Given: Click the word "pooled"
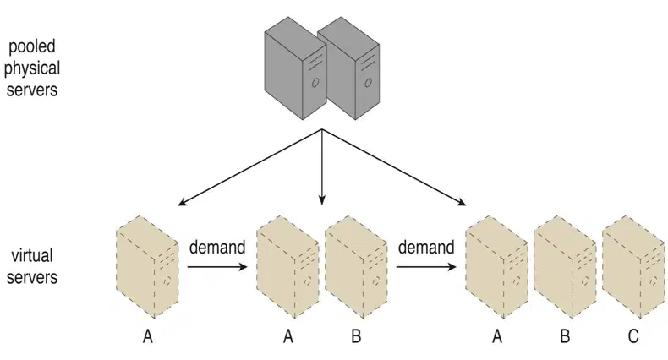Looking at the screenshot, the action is coord(32,46).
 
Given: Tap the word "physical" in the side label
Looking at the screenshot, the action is coord(32,68).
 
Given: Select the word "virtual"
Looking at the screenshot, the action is coord(32,255).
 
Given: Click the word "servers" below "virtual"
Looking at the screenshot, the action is coord(32,277).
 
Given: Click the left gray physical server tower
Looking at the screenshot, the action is coord(295,68).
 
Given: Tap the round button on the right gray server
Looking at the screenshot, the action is coord(368,83).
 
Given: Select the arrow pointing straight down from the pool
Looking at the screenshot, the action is coord(322,167).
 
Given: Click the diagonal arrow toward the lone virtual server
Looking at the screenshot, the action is coord(249,167).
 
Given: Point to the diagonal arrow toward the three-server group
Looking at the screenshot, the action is coord(394,167).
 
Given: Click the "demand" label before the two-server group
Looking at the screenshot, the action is coord(217,248).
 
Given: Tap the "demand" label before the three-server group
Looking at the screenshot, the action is coord(426,248).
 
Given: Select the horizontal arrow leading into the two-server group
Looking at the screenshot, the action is coord(217,267).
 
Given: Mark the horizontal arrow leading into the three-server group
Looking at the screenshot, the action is coord(426,267).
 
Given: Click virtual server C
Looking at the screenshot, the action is coord(633,267).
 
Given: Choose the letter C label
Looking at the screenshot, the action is coord(633,336).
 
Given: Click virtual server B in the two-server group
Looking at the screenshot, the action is coord(356,267).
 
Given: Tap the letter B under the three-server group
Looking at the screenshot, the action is coord(565,336).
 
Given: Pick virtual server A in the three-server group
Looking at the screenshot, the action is coord(496,267).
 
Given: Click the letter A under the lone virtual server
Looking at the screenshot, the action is coord(147,336).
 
